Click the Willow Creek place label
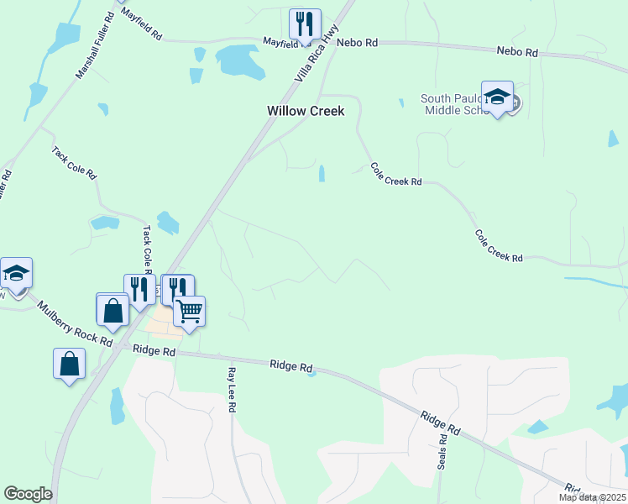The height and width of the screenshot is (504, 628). (x=306, y=111)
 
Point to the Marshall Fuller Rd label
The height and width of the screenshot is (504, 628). (x=94, y=46)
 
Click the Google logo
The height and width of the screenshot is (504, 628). (x=28, y=494)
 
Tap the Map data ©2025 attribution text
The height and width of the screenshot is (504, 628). (x=592, y=497)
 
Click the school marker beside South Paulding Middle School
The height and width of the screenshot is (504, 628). (x=497, y=97)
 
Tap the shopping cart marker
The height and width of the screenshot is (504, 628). (x=189, y=312)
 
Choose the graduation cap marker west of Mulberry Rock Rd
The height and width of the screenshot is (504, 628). (x=16, y=273)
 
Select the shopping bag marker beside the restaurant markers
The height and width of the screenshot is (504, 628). (x=113, y=309)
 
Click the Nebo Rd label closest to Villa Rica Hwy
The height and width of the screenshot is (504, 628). (x=357, y=41)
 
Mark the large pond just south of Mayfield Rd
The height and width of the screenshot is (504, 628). (x=241, y=60)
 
